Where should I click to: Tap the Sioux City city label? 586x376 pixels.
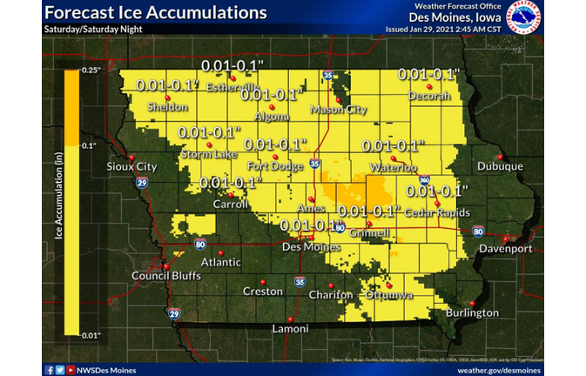[x=131, y=166]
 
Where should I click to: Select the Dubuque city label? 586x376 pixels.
[x=500, y=166]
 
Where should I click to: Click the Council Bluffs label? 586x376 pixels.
[x=162, y=277]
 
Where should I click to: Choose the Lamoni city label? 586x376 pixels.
[x=289, y=328]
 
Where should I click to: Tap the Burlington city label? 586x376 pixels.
[x=472, y=312]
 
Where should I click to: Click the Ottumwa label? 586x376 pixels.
[x=387, y=295]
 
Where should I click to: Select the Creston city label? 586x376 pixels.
[x=262, y=292]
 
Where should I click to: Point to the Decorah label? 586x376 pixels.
[x=429, y=95]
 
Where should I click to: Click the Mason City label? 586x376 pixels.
[x=340, y=111]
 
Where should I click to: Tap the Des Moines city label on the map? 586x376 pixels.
[x=311, y=246]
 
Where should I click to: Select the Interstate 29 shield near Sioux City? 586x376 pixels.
[x=142, y=183]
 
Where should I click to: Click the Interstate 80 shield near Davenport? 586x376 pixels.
[x=478, y=231]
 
